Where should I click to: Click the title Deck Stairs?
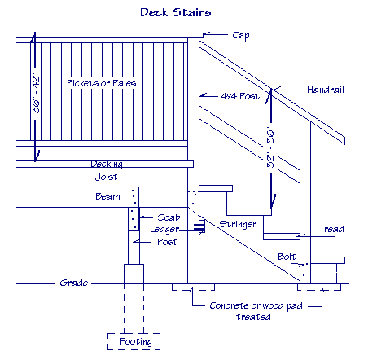176,12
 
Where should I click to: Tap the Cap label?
241,36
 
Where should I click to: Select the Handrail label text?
326,90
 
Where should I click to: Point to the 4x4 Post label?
240,96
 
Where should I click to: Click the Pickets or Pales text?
102,83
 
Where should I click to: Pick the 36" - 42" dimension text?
36,94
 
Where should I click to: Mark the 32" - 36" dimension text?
270,147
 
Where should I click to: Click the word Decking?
107,165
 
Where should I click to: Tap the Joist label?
107,177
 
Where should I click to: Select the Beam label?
107,196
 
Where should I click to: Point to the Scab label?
169,217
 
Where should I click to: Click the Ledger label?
164,230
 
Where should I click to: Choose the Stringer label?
238,224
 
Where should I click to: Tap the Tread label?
331,229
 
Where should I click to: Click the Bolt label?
287,257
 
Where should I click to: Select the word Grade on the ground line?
74,283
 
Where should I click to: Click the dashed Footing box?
134,333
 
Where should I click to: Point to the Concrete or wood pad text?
256,305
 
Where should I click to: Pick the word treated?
253,317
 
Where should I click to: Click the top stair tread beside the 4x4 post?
216,188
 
